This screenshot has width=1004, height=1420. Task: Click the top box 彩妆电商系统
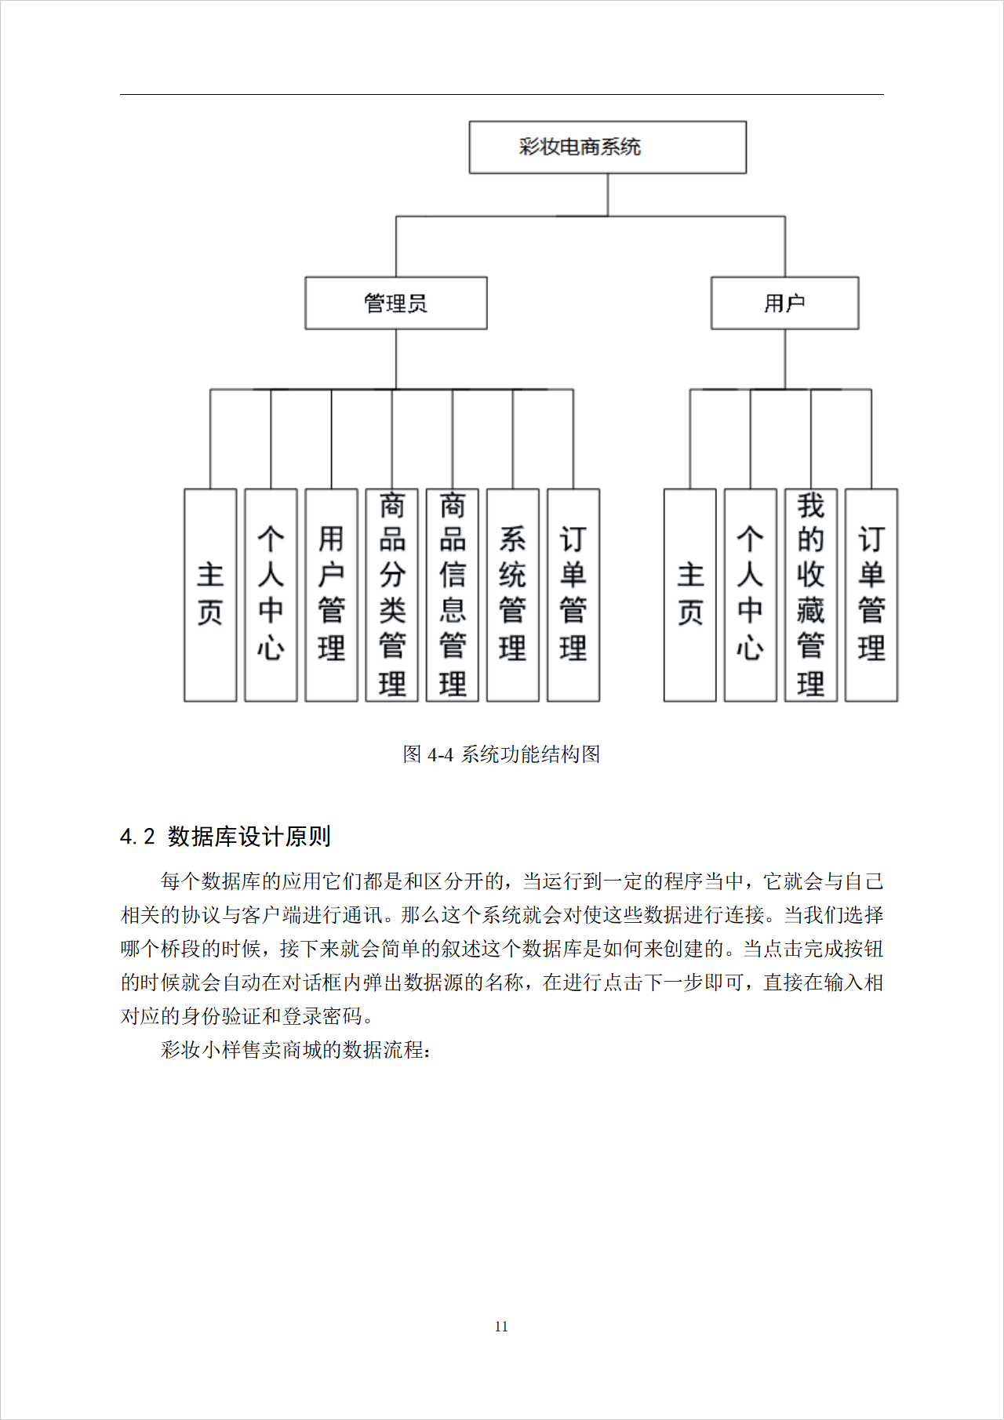pos(607,147)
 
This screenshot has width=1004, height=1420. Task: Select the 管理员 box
pos(395,303)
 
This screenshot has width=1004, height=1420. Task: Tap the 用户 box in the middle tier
pos(784,303)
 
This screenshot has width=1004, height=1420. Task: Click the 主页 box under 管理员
pos(210,594)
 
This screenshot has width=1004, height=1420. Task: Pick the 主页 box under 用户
pos(689,594)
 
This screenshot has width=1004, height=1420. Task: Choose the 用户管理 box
pos(331,594)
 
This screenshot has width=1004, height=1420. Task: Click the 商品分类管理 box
pos(391,594)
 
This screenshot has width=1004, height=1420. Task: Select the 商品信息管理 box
pos(452,594)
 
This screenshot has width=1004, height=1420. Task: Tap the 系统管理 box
pos(512,594)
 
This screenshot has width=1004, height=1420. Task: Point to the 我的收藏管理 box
pos(810,594)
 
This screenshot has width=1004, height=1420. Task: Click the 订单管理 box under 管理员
pos(573,594)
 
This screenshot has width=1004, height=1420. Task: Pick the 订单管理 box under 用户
pos(871,594)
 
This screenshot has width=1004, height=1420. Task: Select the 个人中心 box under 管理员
pos(271,594)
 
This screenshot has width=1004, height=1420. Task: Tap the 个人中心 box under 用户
pos(750,594)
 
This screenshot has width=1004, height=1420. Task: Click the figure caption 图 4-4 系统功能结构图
pos(501,754)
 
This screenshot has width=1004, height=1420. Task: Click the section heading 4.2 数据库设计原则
pos(225,837)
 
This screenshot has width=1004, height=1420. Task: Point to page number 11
pos(501,1327)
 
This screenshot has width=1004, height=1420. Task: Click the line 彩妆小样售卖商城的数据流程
pos(295,1050)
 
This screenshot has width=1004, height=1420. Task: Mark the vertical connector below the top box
pos(608,194)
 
